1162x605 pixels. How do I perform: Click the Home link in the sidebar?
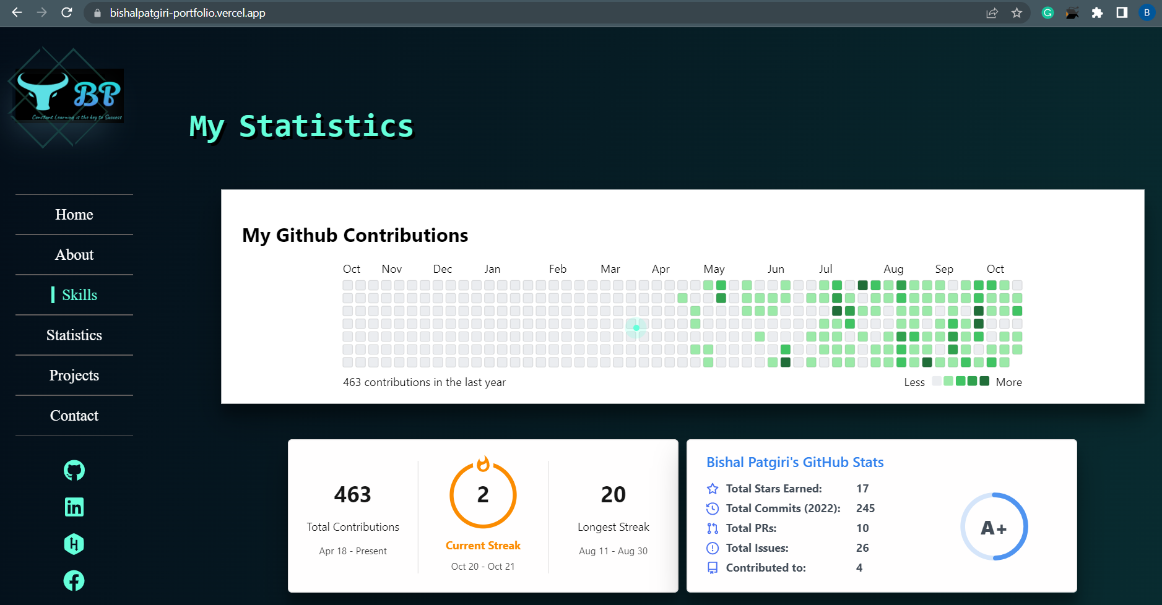[x=74, y=215]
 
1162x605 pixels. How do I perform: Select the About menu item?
[x=74, y=255]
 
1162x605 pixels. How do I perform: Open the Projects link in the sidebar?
[x=74, y=375]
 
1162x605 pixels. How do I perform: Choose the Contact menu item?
[x=74, y=416]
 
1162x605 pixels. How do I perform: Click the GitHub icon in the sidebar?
[x=74, y=471]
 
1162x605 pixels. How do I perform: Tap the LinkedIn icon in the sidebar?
[x=74, y=507]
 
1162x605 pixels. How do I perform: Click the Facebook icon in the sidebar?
[x=74, y=580]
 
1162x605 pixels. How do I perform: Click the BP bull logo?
[x=68, y=96]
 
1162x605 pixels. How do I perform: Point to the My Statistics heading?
[x=301, y=126]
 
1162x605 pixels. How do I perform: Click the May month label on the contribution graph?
[x=714, y=269]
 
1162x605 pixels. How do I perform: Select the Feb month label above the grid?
[x=557, y=269]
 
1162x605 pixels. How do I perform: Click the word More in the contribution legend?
[x=1008, y=382]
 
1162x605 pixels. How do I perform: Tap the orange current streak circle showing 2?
[x=483, y=495]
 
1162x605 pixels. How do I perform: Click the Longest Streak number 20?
[x=613, y=495]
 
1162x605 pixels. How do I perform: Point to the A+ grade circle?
[x=994, y=527]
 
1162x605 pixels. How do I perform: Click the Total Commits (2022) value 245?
[x=865, y=508]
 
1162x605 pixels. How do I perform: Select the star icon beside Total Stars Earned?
[x=713, y=489]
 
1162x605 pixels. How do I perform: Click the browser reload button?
[x=67, y=12]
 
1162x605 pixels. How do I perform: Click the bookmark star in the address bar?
[x=1017, y=13]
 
